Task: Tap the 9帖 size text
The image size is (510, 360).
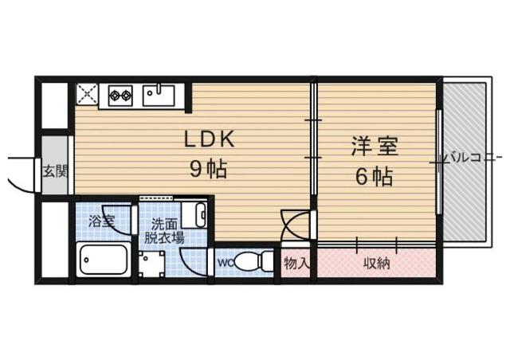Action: (x=209, y=170)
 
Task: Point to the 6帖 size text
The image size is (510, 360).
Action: (x=373, y=177)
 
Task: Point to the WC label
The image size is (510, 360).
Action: (x=224, y=260)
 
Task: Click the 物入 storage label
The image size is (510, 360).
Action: (x=296, y=262)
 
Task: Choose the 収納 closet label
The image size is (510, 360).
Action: (x=377, y=262)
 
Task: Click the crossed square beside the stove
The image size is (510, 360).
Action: (x=87, y=96)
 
